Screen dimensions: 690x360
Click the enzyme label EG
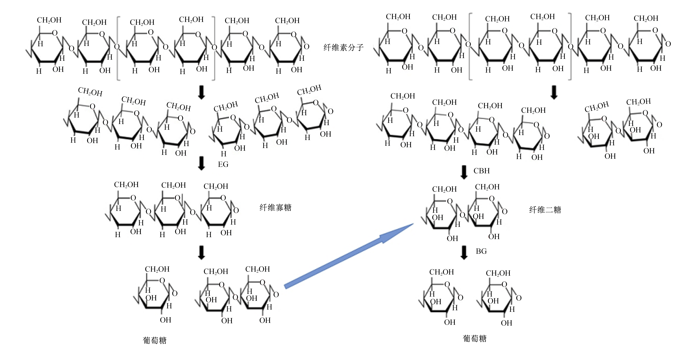[x=223, y=164]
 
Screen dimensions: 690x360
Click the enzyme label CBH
[x=482, y=171]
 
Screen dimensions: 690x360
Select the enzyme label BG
[x=481, y=251]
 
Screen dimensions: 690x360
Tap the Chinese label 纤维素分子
[x=344, y=48]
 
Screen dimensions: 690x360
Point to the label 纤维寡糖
[x=275, y=208]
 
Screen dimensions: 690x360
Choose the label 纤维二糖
[x=545, y=210]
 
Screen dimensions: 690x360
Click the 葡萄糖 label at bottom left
[x=155, y=340]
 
